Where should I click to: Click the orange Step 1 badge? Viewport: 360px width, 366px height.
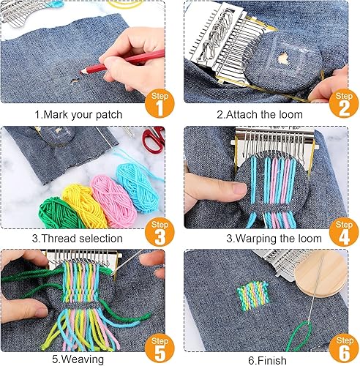click(x=160, y=103)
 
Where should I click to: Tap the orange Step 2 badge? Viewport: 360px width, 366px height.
click(x=344, y=103)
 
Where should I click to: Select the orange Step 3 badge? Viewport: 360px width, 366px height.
click(x=160, y=232)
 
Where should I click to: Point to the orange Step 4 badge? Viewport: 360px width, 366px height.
click(x=344, y=232)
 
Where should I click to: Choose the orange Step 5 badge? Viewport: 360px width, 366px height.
click(x=160, y=348)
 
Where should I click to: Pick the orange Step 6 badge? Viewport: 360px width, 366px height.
click(x=344, y=348)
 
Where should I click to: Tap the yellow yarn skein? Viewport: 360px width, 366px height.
click(x=84, y=206)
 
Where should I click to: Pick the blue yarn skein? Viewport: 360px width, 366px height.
click(x=138, y=187)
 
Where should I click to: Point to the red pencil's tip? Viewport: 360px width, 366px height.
click(x=81, y=72)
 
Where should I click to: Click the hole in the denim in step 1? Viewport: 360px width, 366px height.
click(x=75, y=81)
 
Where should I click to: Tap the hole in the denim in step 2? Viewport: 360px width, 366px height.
click(x=283, y=59)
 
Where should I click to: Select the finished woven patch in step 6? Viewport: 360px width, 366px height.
click(x=253, y=296)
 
